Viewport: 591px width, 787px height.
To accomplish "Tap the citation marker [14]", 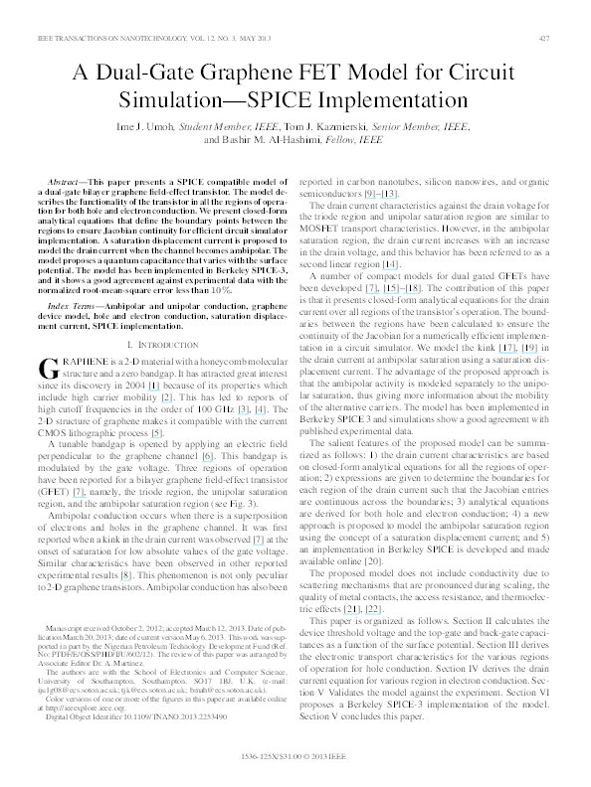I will (x=389, y=265).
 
